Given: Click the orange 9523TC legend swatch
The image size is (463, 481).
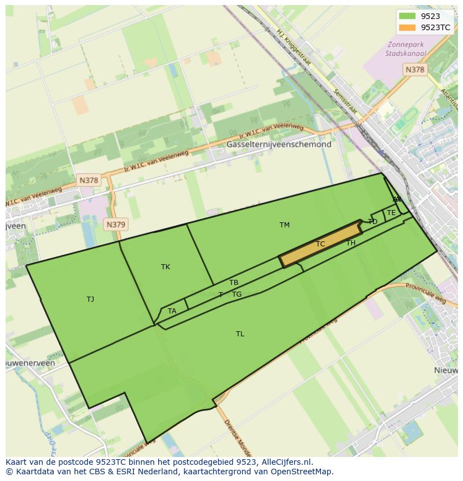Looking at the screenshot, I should [408, 27].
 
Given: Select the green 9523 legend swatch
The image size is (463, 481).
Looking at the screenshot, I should [408, 16].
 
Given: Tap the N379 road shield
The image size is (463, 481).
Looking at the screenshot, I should [116, 225].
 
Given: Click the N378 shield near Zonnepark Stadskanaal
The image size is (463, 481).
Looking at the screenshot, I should [414, 69].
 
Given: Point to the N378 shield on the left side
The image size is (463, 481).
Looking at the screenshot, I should [88, 180].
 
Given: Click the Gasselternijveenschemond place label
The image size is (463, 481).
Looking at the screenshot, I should [278, 144].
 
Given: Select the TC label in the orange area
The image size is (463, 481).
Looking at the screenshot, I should [320, 244].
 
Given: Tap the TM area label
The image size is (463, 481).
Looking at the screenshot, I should [285, 225].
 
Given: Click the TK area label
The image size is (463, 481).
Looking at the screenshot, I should [166, 267].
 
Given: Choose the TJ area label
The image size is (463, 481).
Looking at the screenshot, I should [91, 299].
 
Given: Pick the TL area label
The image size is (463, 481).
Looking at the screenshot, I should [240, 334].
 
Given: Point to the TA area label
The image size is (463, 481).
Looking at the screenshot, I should [172, 311].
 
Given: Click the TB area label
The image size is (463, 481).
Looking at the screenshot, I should [234, 283].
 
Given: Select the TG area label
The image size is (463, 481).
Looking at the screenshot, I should [237, 294].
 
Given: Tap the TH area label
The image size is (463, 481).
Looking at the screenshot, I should [351, 243].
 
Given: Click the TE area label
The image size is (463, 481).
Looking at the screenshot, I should [391, 213].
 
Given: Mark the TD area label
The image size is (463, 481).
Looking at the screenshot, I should [373, 222].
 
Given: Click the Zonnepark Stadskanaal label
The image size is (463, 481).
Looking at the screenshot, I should [405, 49].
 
